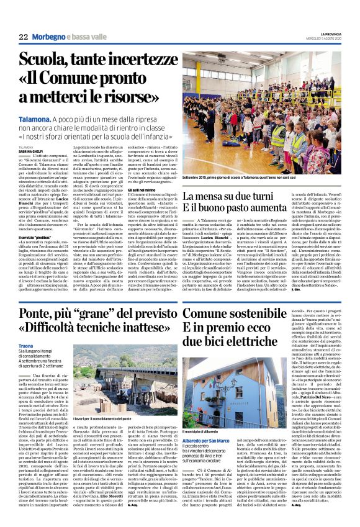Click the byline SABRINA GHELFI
[x=30, y=150]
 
